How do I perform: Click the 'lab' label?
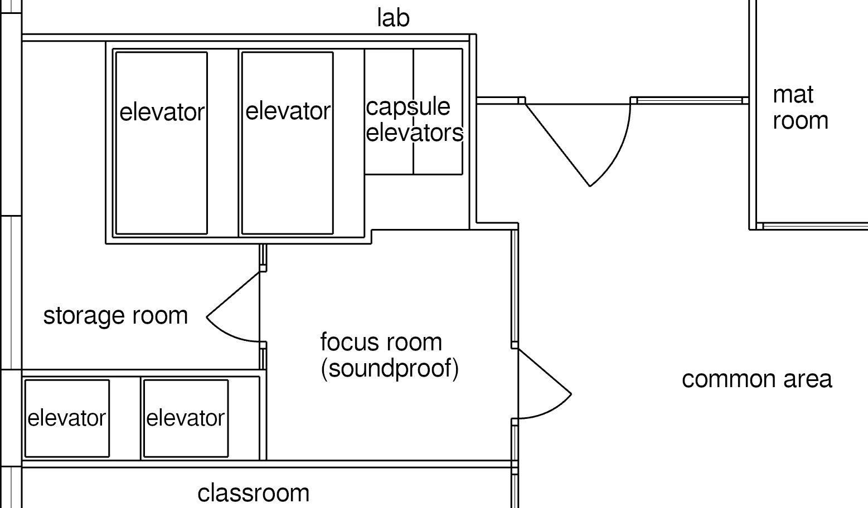point(393,18)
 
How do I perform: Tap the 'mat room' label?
point(799,108)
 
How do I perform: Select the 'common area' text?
point(757,379)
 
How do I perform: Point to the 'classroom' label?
point(253,494)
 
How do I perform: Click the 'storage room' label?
point(115,316)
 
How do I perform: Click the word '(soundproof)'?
point(390,369)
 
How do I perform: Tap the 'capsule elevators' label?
point(414,120)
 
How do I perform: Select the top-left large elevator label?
point(162,113)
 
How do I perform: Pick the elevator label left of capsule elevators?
point(288,111)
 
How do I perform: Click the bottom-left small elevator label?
point(66,418)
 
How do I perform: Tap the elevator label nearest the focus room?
point(185,418)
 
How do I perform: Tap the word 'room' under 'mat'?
point(801,121)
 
